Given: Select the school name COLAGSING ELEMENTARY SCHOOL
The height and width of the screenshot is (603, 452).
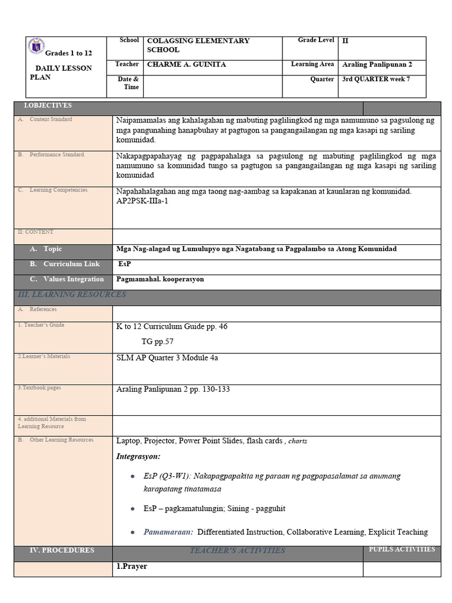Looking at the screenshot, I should (x=198, y=45).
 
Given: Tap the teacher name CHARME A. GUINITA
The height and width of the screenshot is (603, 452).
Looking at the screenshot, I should (x=186, y=64).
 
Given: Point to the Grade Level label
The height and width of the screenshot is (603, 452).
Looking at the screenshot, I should (x=316, y=40).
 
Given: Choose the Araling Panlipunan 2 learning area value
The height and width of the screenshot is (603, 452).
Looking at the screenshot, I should (x=377, y=64).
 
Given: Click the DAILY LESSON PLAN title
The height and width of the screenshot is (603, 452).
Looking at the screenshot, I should (x=61, y=72).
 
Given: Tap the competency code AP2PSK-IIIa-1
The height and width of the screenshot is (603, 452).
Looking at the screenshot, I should (x=142, y=201).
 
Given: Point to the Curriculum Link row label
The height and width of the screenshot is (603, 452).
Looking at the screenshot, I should (x=71, y=264).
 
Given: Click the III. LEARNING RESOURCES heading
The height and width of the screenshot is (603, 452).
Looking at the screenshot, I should (x=72, y=294).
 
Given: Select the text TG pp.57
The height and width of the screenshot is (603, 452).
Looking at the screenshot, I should (x=157, y=341).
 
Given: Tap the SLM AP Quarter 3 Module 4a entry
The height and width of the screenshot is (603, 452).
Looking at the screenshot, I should (x=167, y=357).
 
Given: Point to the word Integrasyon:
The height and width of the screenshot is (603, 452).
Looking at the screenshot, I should (x=138, y=456).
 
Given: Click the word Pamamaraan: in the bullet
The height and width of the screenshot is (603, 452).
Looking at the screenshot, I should (x=168, y=532).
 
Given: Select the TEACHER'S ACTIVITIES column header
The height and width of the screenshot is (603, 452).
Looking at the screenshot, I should (x=237, y=551).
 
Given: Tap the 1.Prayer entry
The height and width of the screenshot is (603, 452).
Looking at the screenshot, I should (x=132, y=566).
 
